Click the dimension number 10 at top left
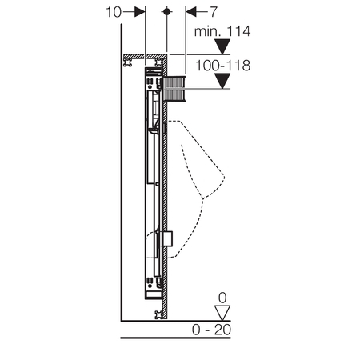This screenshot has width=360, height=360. point(114,12)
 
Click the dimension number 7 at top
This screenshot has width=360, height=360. point(214,12)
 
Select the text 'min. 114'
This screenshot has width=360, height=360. point(222,31)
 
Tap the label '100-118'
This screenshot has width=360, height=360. point(223,66)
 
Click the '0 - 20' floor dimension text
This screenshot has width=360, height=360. point(211,330)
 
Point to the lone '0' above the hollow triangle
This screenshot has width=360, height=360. point(222,298)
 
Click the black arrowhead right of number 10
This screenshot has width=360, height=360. point(140,12)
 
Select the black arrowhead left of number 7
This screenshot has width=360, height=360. point(191,12)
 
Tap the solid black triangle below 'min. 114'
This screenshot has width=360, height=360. point(222,46)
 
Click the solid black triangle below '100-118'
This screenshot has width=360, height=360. point(222,81)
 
